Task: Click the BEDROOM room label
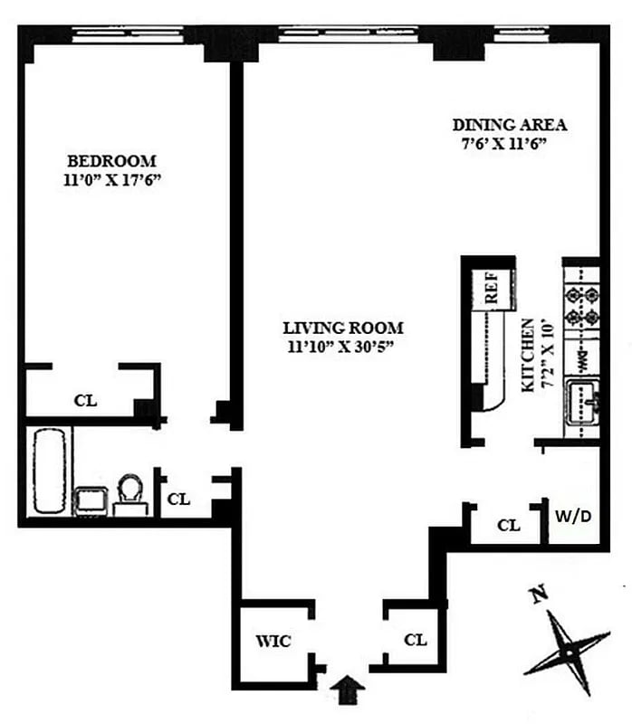(x=111, y=161)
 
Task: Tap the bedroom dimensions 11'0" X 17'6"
(x=111, y=180)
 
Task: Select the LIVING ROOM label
(x=343, y=328)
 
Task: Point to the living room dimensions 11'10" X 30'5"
(x=343, y=346)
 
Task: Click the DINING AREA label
(x=510, y=125)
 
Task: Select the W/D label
(x=573, y=518)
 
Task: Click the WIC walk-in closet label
(x=273, y=642)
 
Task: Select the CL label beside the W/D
(x=510, y=525)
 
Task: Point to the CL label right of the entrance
(x=415, y=641)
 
